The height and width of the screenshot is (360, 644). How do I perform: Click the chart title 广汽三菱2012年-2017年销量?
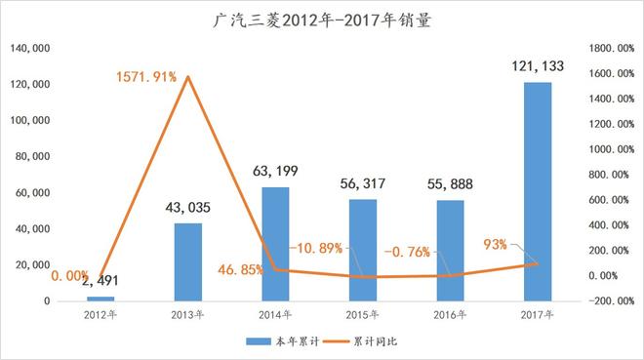321,17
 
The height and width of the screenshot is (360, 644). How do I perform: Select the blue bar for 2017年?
538,191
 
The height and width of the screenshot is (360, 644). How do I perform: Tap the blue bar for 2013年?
188,261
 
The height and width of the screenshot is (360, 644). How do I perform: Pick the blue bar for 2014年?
275,243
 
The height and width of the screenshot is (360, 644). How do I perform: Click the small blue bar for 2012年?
101,298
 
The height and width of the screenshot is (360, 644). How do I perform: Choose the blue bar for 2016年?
450,250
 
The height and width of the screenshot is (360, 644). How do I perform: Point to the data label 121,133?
538,66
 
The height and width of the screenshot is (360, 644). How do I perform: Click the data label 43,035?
188,207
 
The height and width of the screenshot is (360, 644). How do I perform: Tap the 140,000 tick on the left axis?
31,49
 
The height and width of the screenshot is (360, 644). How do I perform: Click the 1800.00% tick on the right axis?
611,49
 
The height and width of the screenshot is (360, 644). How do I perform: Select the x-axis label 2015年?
363,315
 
